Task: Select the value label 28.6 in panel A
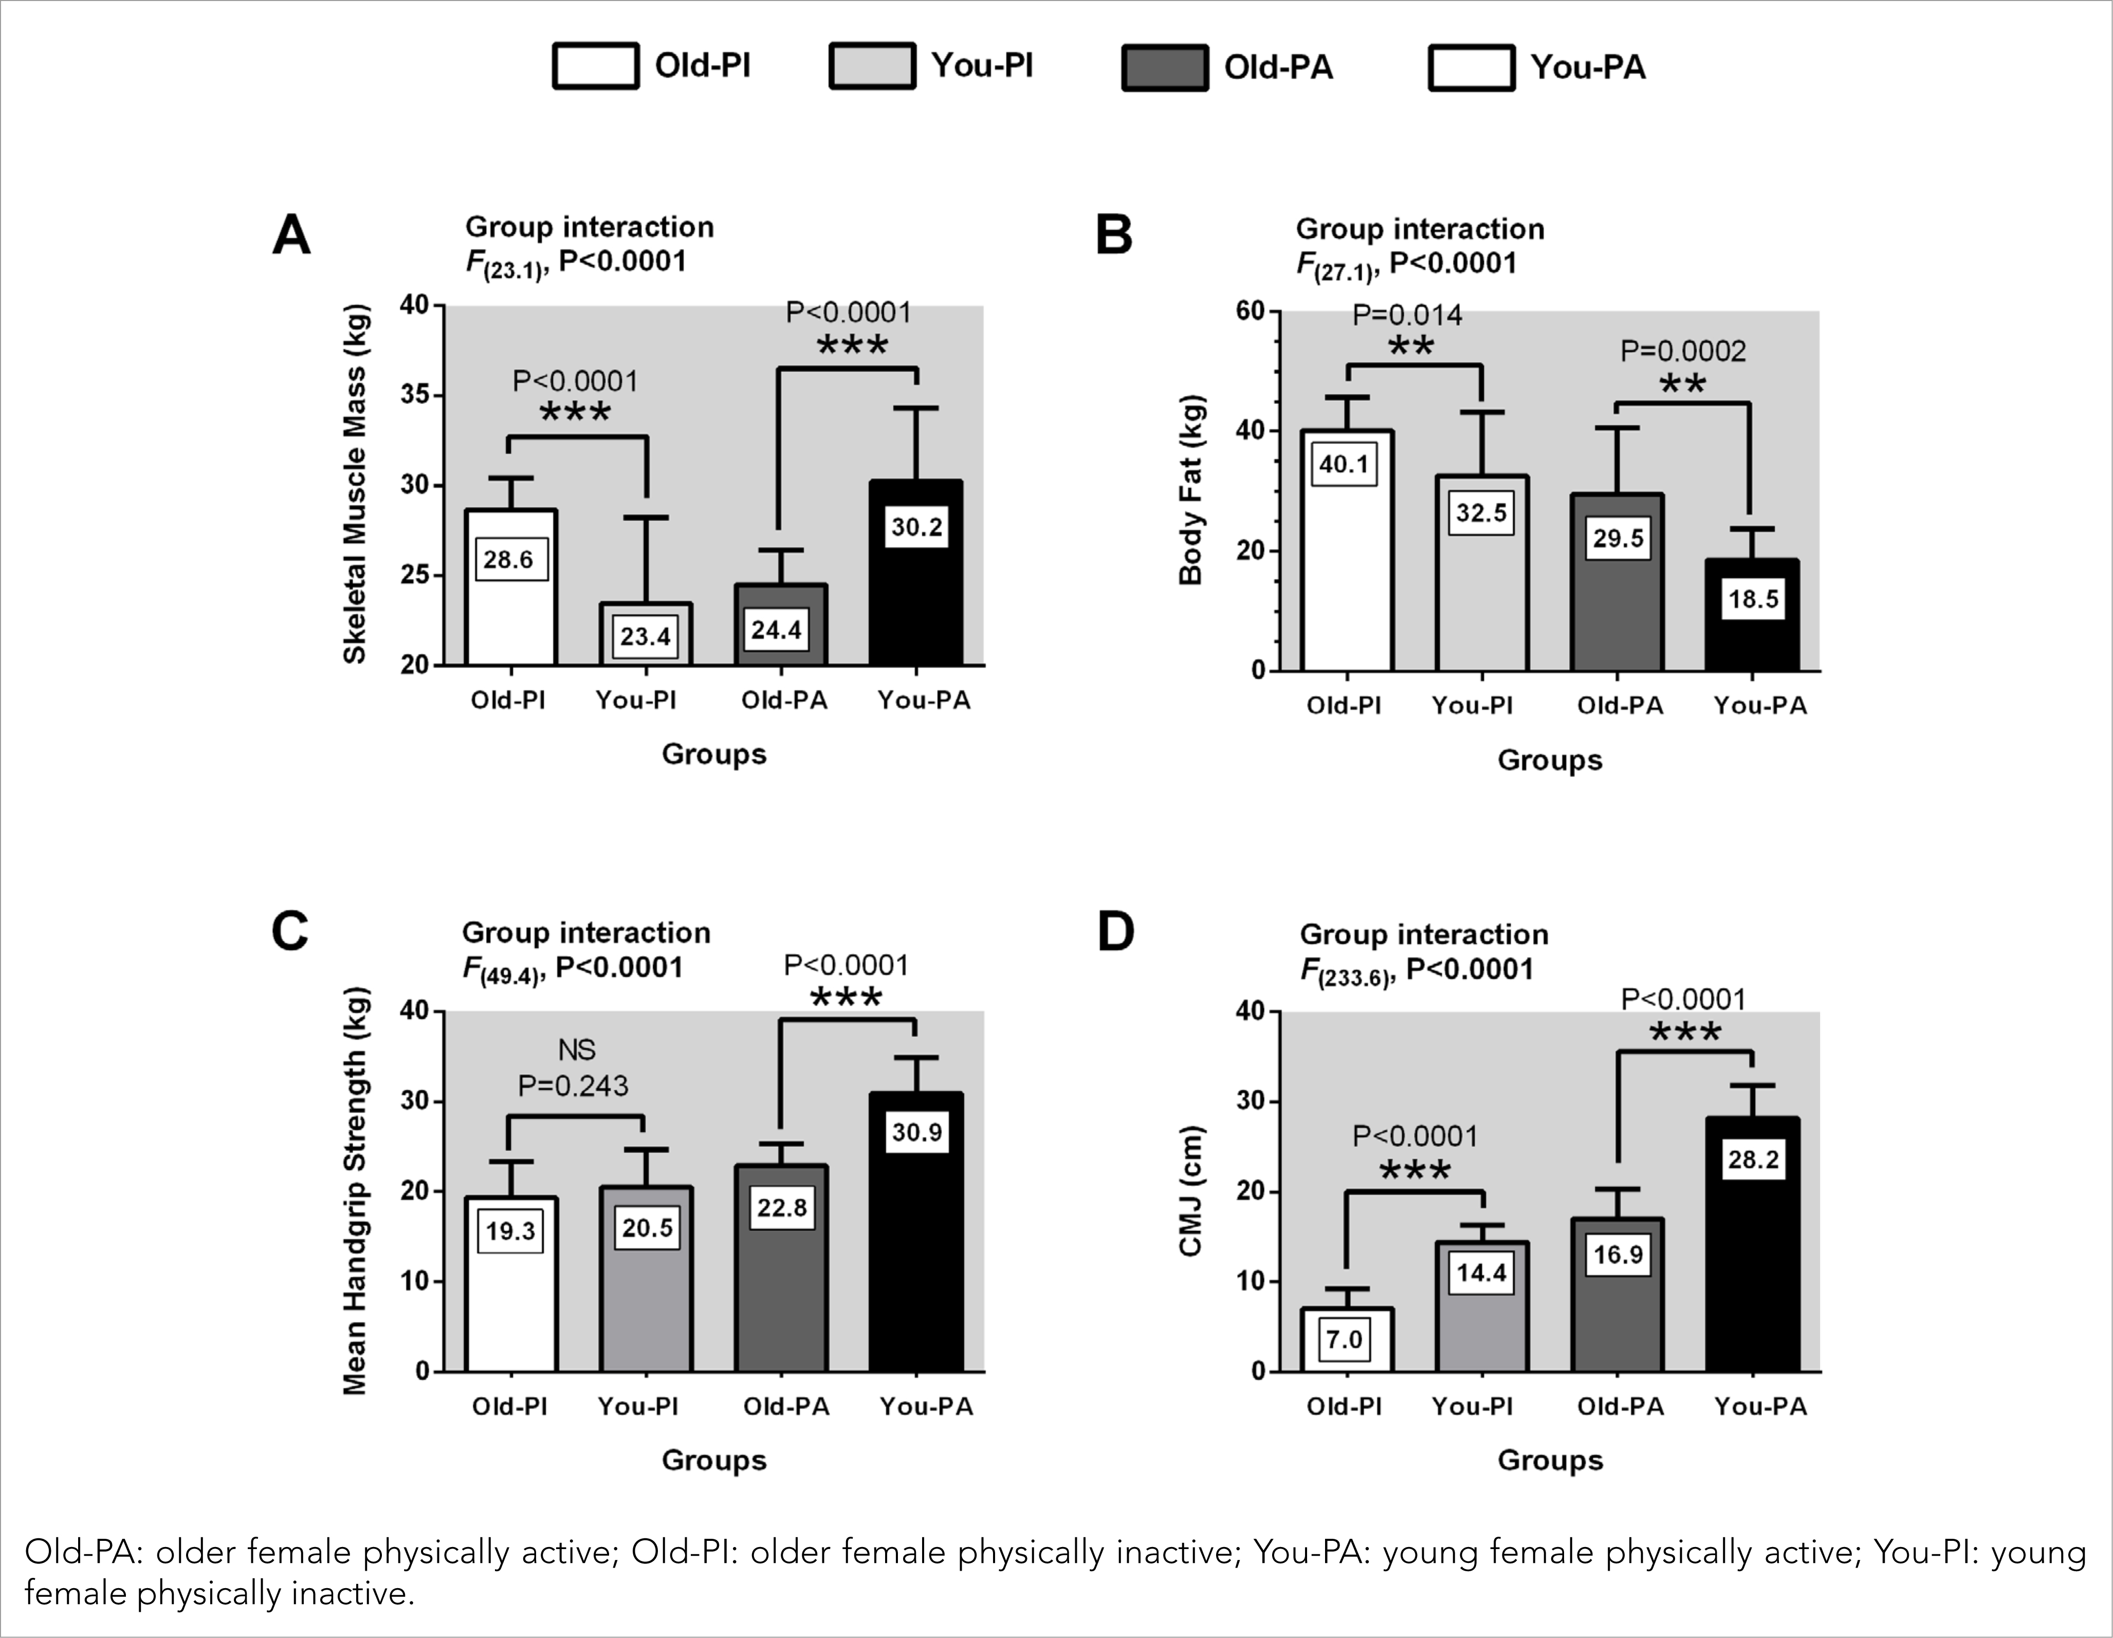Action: [x=509, y=559]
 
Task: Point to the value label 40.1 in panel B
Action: [x=1344, y=465]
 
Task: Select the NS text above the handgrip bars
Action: [x=577, y=1050]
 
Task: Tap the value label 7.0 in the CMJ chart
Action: [x=1344, y=1340]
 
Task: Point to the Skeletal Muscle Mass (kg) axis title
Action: [x=355, y=484]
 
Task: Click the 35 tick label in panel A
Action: [x=414, y=395]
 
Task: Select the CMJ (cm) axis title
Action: [x=1190, y=1191]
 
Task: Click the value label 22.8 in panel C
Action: [x=782, y=1207]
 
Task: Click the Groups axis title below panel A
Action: [x=714, y=754]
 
